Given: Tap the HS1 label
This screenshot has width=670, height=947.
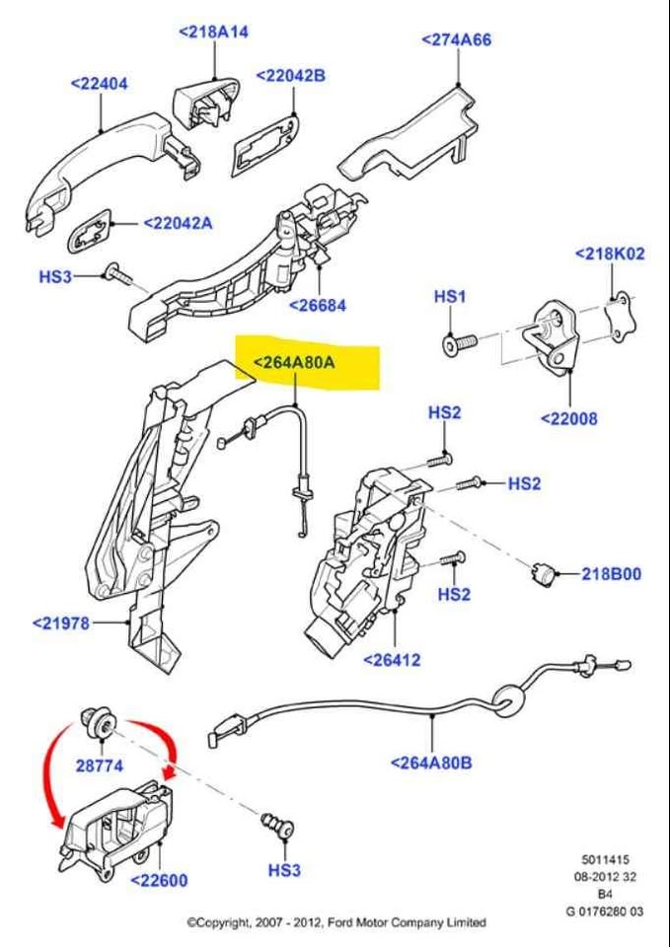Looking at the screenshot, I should click(450, 296).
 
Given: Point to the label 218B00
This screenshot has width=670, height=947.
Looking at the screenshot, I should click(612, 573).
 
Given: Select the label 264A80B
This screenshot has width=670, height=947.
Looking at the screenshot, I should click(431, 762).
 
